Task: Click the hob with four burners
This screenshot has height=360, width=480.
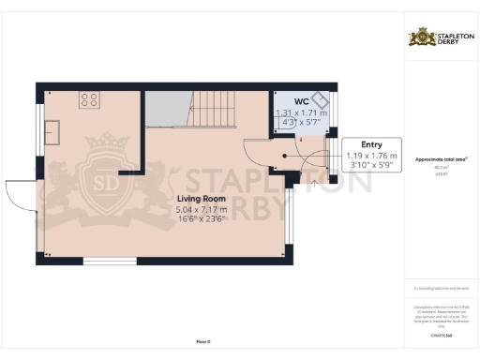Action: (x=90, y=98)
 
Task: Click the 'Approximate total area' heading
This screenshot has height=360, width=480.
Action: (x=440, y=159)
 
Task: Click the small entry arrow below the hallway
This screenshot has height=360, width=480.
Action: (x=306, y=185)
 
